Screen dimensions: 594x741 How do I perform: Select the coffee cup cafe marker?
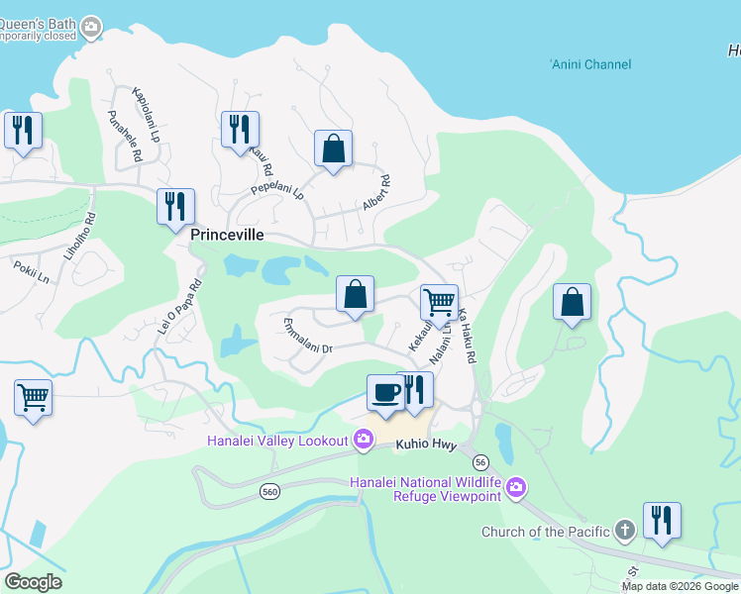[x=384, y=393]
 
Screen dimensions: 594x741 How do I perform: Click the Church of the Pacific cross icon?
[x=624, y=531]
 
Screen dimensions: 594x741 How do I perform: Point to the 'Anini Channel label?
[x=590, y=64]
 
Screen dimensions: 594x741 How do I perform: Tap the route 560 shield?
[x=269, y=491]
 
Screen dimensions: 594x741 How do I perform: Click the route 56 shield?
[x=481, y=461]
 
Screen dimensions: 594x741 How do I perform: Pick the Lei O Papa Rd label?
[x=180, y=304]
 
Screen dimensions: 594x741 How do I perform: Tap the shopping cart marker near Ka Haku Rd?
[x=439, y=301]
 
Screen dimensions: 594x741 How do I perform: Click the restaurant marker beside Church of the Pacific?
[x=660, y=520]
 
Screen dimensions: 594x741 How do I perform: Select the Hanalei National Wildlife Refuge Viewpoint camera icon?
[x=515, y=486]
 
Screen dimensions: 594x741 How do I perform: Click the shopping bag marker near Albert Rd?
[x=334, y=148]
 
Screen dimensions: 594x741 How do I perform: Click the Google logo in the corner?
[x=32, y=582]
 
